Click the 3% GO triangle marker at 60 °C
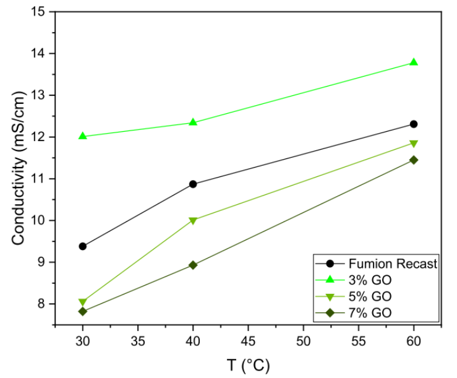pos(414,62)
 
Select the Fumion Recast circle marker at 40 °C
pos(193,184)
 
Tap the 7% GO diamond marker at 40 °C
pos(193,265)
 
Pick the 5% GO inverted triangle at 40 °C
pos(193,220)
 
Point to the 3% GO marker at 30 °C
pos(83,135)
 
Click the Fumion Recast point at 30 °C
pos(83,246)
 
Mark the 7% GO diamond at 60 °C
pos(414,160)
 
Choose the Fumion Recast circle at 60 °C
pos(414,124)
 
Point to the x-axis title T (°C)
pos(248,366)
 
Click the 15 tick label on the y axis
pos(39,12)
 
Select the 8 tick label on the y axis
pos(43,304)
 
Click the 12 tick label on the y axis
pos(39,137)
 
